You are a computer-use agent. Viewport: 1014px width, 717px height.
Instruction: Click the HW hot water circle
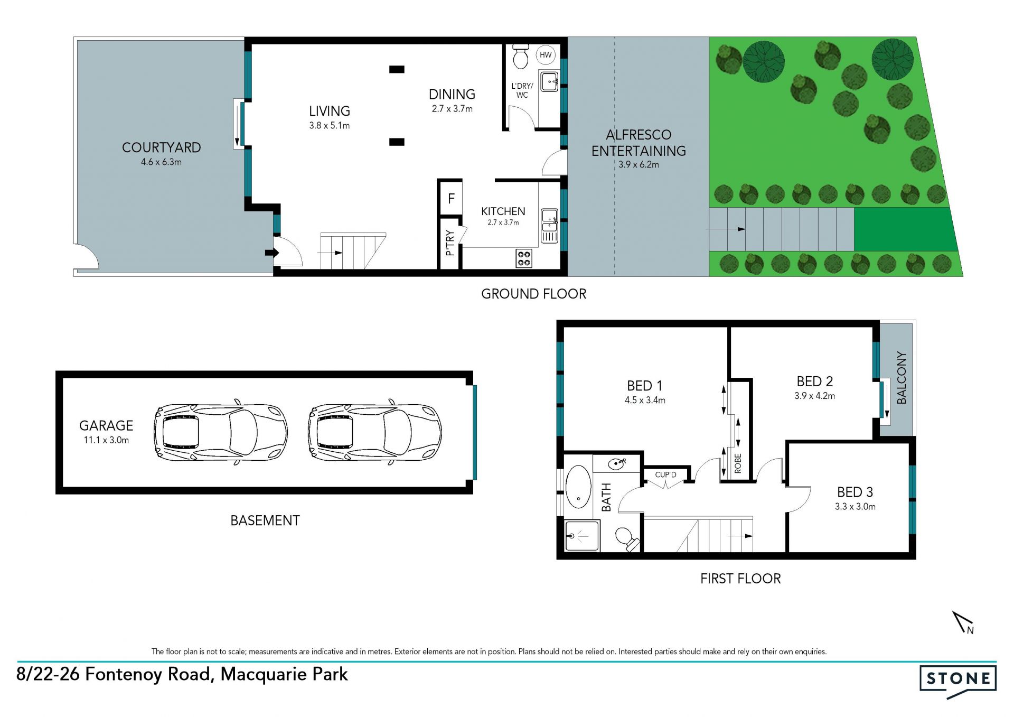click(x=546, y=55)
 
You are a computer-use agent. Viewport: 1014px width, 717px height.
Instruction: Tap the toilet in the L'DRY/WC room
click(x=521, y=57)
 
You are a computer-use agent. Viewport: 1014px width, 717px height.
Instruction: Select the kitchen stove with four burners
click(x=524, y=258)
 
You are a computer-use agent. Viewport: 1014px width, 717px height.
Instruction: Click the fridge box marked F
click(x=451, y=199)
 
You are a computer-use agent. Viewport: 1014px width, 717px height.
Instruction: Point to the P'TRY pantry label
click(x=450, y=243)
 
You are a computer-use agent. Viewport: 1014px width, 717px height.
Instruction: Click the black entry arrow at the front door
click(x=271, y=253)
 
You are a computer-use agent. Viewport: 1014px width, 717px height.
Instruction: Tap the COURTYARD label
click(x=161, y=147)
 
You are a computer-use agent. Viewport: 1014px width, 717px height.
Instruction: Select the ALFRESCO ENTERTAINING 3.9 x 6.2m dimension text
click(x=639, y=165)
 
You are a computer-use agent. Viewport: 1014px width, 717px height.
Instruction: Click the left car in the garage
click(x=221, y=432)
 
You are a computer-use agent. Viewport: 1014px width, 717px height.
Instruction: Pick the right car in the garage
click(x=375, y=432)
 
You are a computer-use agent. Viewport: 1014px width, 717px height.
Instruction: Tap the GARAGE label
click(x=106, y=425)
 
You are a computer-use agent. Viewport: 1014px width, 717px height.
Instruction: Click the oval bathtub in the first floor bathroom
click(x=578, y=487)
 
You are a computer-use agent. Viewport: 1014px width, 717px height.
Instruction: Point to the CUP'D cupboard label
click(x=665, y=474)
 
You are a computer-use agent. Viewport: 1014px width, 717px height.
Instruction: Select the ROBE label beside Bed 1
click(x=738, y=463)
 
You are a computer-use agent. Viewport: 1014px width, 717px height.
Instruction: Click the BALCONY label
click(x=902, y=378)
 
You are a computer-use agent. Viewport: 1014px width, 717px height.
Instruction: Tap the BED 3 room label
click(x=855, y=492)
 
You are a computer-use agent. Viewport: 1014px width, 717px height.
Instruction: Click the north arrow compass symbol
click(x=963, y=622)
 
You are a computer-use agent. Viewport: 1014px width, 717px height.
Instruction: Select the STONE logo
click(x=958, y=681)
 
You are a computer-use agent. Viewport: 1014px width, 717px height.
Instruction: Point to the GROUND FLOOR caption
click(x=533, y=294)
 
